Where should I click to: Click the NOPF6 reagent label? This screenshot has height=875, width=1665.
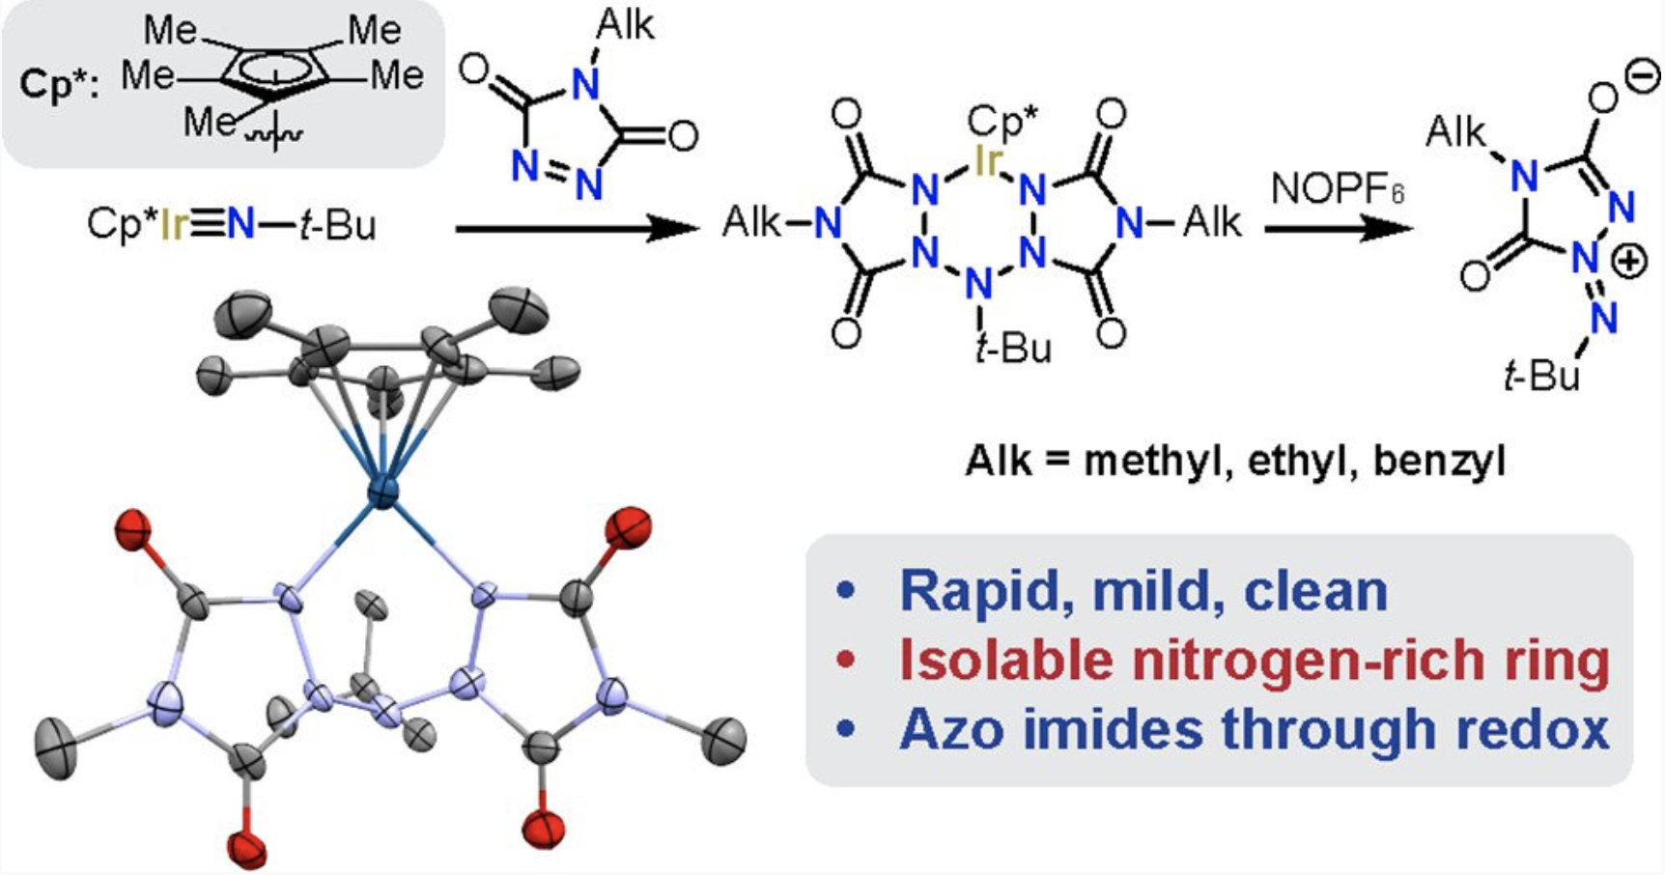coord(1337,188)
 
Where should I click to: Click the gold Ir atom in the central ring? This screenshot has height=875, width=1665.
coord(985,163)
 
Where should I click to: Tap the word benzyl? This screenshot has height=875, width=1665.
coord(1439,462)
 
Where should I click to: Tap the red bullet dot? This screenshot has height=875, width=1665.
coord(847,661)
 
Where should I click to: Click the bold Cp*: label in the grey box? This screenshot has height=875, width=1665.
coord(59,84)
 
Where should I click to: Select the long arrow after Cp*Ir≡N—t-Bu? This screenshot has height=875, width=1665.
coord(576,229)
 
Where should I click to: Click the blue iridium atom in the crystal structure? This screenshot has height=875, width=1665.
coord(383,493)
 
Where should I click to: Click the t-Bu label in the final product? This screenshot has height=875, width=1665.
coord(1541,375)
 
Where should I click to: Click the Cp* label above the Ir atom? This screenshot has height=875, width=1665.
coord(1002,123)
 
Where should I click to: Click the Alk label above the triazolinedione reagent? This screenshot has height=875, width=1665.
coord(625,26)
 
